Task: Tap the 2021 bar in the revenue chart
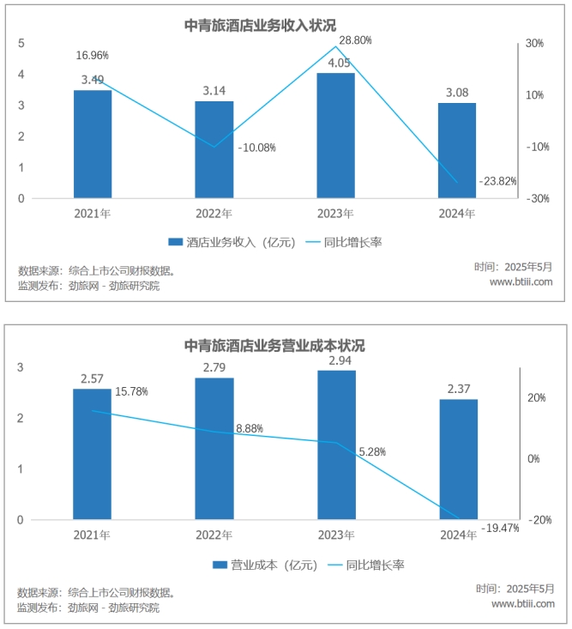click(93, 144)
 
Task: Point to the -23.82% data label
click(497, 181)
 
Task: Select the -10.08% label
click(256, 148)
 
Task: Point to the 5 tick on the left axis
click(21, 44)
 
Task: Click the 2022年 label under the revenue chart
click(214, 214)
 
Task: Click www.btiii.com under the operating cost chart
click(522, 604)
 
